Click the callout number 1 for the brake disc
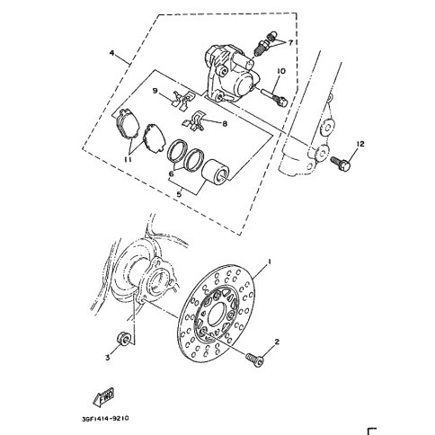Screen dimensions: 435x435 click(x=269, y=262)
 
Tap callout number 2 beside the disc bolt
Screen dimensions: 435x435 click(x=277, y=342)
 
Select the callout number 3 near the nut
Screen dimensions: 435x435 click(x=107, y=358)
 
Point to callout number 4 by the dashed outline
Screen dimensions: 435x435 click(x=111, y=53)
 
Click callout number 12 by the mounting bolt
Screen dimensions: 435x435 click(x=360, y=144)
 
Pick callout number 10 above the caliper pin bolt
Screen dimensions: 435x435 click(x=281, y=71)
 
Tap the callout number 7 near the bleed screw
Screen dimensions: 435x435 click(x=290, y=43)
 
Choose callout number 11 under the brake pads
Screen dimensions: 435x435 click(x=128, y=160)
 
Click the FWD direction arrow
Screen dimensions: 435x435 click(x=103, y=396)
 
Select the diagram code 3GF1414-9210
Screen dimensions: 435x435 click(x=106, y=418)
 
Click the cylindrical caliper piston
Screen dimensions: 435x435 click(x=216, y=172)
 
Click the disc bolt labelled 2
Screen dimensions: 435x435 click(x=254, y=360)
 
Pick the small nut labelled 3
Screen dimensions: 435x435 click(x=123, y=339)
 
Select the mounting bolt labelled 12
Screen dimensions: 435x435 click(x=341, y=164)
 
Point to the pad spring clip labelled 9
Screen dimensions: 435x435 click(x=183, y=99)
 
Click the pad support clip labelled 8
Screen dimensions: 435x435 click(x=193, y=121)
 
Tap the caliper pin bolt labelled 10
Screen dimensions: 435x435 click(x=274, y=98)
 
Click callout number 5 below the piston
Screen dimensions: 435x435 click(x=179, y=194)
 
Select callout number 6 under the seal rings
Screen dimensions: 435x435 click(x=172, y=173)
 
